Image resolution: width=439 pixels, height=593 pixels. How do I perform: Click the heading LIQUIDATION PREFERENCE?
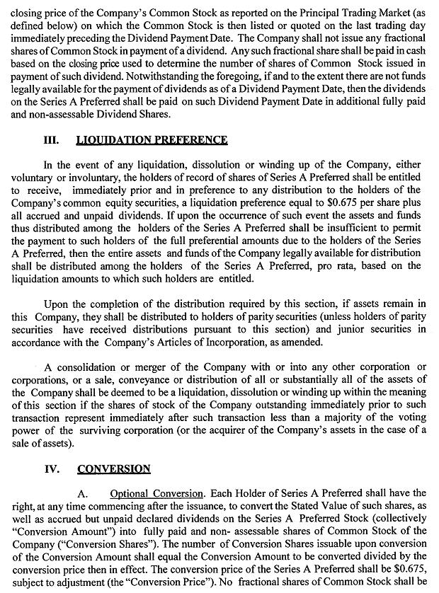tap(152, 140)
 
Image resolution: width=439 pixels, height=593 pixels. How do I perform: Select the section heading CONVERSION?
tap(114, 468)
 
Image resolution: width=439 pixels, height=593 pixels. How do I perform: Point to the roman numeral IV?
tap(55, 468)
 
